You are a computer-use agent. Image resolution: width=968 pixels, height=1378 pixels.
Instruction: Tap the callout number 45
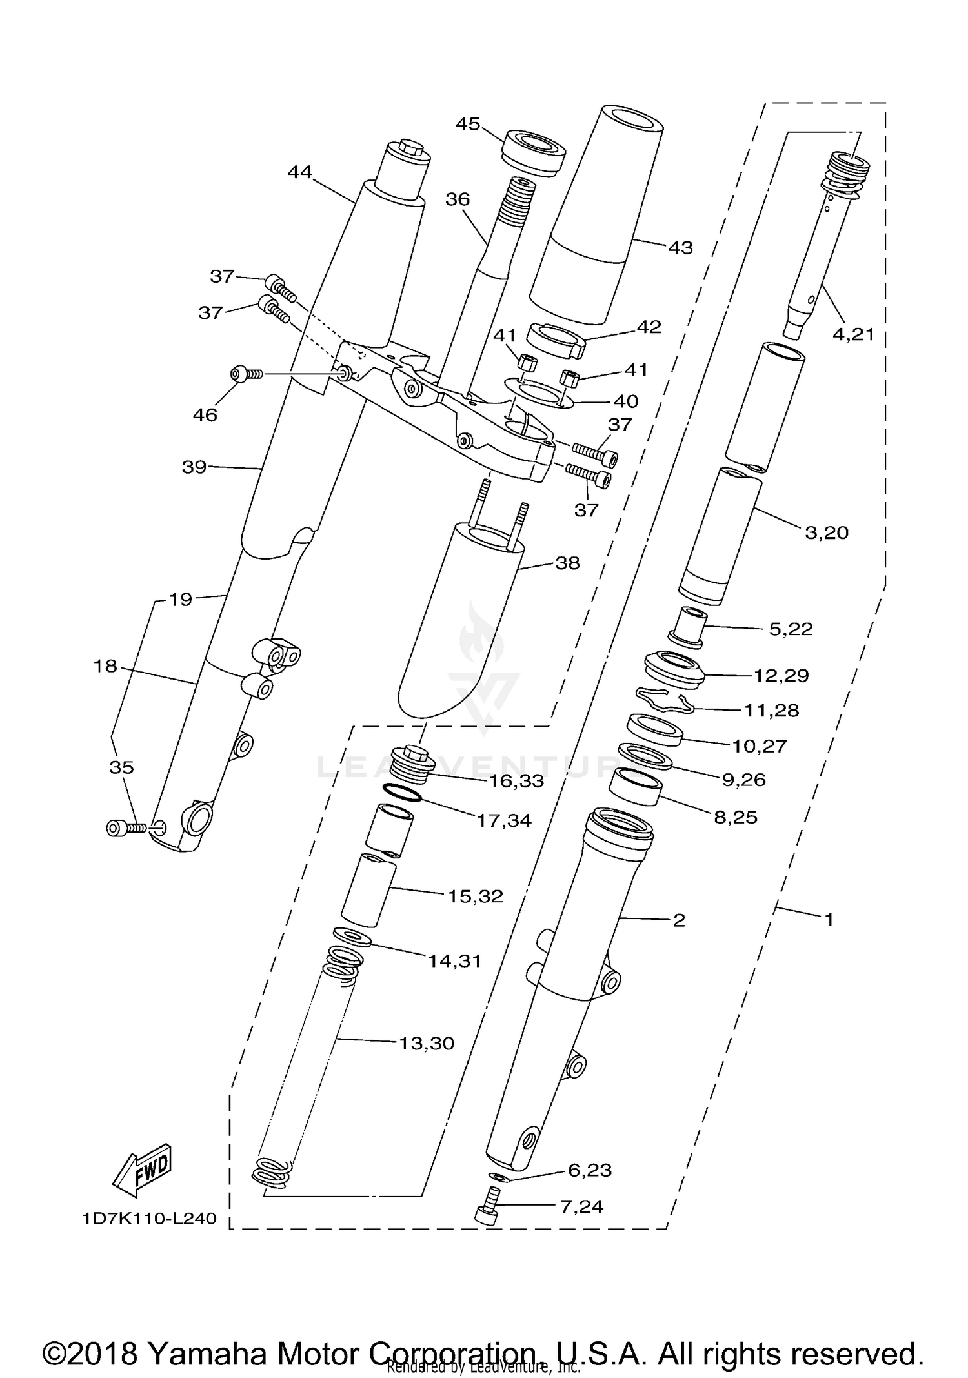click(468, 123)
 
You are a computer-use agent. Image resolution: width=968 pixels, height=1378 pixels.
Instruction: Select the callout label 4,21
click(853, 334)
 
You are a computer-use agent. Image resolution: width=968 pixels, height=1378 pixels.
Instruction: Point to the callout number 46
click(205, 415)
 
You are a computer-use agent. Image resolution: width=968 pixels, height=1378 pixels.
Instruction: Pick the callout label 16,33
click(516, 781)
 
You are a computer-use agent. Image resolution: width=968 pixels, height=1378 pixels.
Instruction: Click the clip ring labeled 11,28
click(665, 700)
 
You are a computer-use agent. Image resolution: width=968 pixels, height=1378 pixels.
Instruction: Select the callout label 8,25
click(736, 817)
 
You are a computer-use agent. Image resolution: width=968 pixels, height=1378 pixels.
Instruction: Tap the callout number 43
click(680, 248)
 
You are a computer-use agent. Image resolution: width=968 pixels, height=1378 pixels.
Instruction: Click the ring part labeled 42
click(554, 341)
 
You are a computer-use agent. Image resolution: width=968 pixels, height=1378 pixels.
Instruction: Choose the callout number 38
click(567, 563)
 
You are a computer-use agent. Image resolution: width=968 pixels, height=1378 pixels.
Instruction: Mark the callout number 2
click(678, 920)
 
